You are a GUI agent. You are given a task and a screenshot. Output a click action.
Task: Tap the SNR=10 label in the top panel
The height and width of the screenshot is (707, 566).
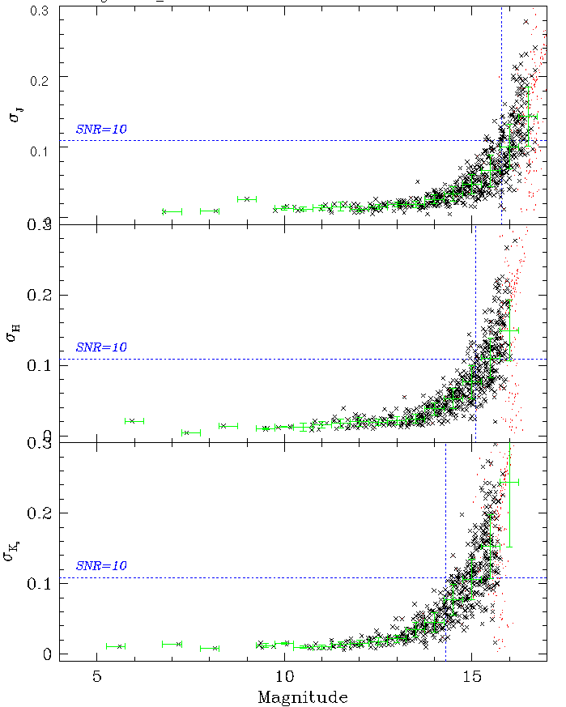[101, 129]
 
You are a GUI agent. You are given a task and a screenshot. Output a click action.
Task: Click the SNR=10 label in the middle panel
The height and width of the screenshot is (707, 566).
[101, 347]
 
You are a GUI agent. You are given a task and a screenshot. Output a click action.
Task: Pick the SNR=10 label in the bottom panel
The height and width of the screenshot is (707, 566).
[101, 565]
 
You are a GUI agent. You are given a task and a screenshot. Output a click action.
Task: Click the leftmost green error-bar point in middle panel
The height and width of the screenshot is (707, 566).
[133, 420]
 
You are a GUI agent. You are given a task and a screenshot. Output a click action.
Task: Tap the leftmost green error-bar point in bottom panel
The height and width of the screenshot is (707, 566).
[119, 646]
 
